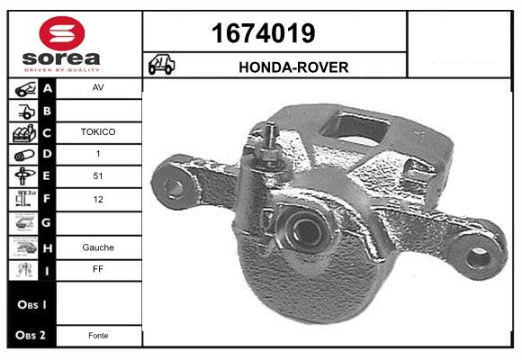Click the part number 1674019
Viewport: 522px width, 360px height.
pos(264,33)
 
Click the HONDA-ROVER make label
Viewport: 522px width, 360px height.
pos(293,67)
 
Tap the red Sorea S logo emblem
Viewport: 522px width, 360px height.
pos(62,33)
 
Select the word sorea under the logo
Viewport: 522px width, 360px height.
pos(61,58)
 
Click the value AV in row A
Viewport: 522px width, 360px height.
pos(98,87)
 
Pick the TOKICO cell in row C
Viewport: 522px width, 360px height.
pos(98,132)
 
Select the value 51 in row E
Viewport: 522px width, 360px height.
pos(98,175)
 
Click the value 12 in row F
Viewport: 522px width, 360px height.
pos(98,199)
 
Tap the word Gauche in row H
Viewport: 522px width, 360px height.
pos(98,247)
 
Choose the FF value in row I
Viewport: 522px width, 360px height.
pos(98,269)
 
